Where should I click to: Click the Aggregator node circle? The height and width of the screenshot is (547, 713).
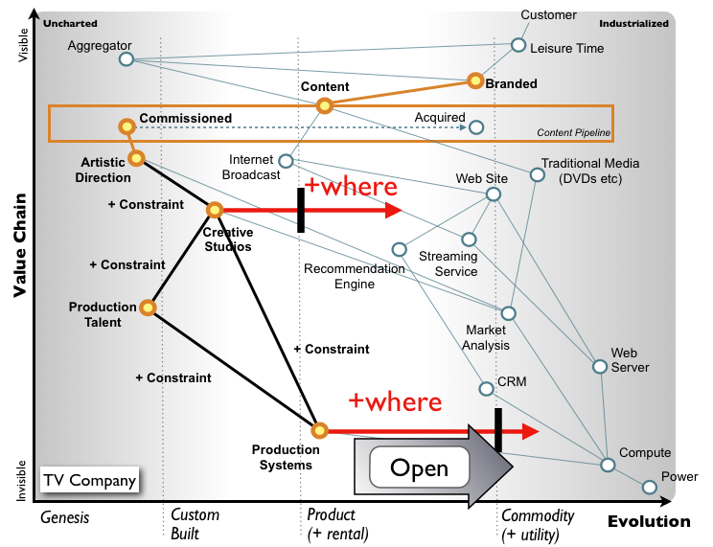pos(126,59)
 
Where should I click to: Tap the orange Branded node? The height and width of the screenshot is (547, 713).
pos(474,80)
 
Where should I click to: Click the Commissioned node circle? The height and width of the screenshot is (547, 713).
pos(126,125)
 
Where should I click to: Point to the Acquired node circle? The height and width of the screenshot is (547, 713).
pos(476,126)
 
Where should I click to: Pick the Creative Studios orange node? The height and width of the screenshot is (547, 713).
pos(215,209)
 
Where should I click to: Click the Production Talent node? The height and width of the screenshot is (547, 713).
pos(148,308)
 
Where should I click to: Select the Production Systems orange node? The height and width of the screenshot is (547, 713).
pos(319,430)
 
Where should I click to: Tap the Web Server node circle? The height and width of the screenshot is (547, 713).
pos(600,366)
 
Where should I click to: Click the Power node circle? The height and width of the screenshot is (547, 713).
pos(650,487)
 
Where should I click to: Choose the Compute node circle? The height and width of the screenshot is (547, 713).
pos(608,465)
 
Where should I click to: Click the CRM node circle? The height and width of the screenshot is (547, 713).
pos(486,389)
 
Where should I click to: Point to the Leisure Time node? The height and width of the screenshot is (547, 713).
pos(518,45)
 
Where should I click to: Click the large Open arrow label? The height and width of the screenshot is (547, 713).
pos(421,468)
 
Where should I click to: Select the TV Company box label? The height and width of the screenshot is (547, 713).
pos(89,480)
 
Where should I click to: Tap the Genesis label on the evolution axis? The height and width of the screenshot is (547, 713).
pos(64,517)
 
